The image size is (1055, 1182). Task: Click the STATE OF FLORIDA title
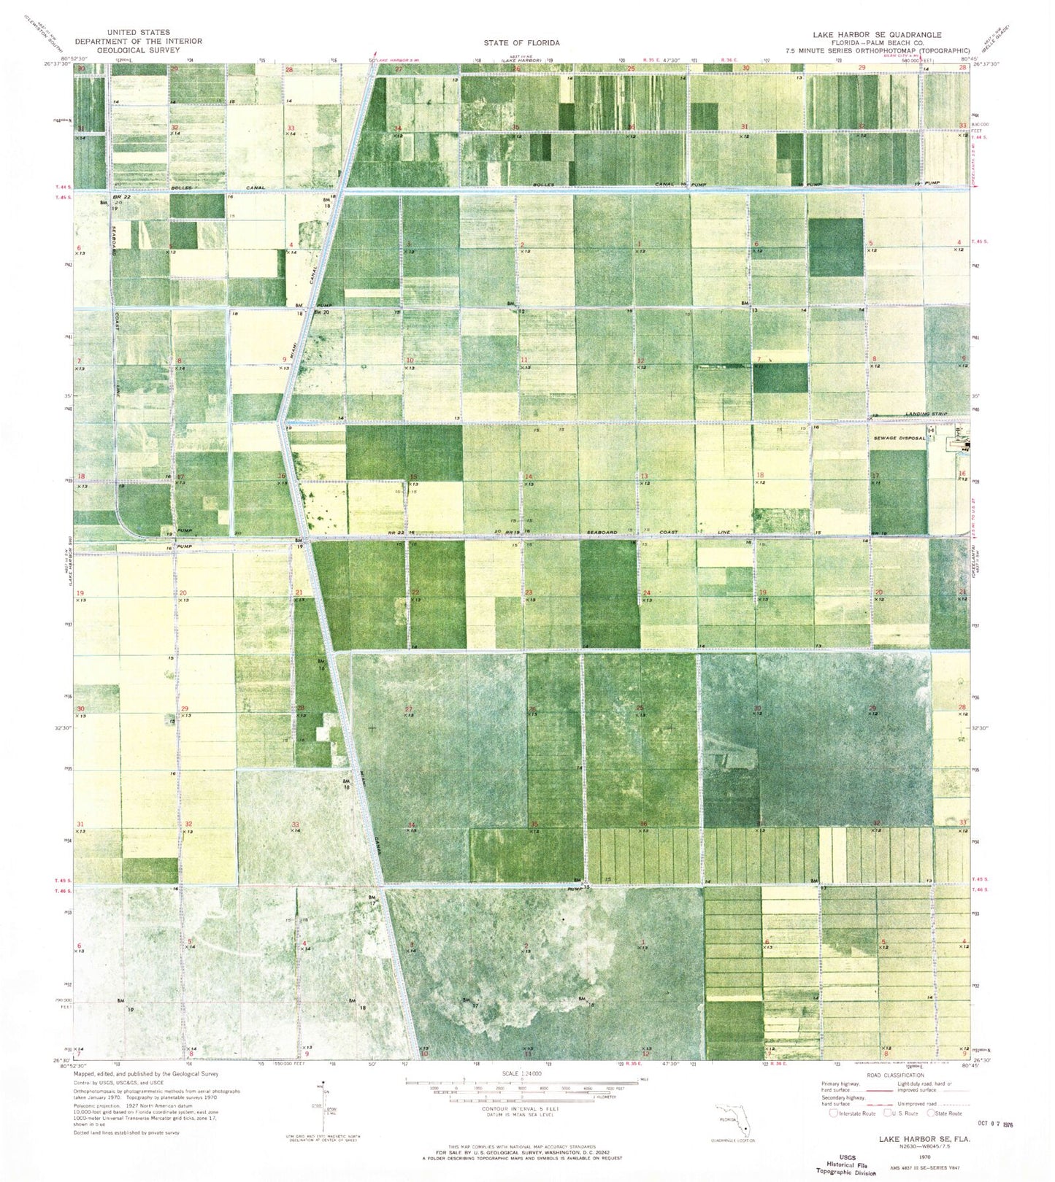(x=521, y=42)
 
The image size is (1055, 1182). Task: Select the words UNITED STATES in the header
(x=138, y=32)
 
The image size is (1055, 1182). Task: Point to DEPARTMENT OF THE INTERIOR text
(x=138, y=42)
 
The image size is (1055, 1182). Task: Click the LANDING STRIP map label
(x=926, y=414)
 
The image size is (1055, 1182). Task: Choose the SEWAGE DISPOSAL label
(x=899, y=438)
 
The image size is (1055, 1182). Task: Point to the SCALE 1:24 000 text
(x=519, y=1074)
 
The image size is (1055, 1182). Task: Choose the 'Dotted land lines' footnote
(x=126, y=1133)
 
